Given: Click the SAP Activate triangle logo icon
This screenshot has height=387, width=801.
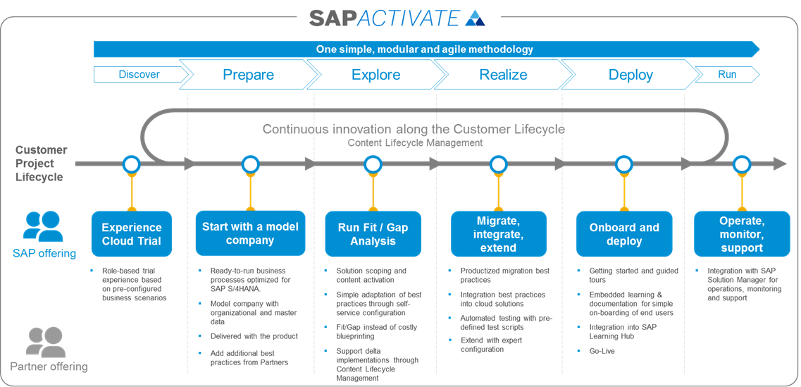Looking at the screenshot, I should [x=476, y=18].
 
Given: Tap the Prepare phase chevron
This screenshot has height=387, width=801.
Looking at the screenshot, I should [x=248, y=75].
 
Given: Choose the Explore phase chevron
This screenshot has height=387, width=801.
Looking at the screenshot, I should [x=375, y=75].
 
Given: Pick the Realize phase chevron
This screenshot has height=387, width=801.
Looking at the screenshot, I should [x=503, y=75].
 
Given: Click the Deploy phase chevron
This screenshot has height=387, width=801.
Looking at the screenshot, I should [x=631, y=75].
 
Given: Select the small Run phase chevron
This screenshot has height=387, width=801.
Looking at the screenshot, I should [x=727, y=75].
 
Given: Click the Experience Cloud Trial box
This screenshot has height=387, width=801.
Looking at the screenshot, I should [x=131, y=234].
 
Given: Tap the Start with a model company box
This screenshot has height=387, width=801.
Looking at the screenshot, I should [x=250, y=233].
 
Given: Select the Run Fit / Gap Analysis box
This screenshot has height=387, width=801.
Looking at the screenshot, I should [x=373, y=234].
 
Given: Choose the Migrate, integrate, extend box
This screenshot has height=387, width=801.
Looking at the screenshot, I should [x=499, y=234].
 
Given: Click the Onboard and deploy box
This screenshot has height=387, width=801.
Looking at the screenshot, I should [x=624, y=234].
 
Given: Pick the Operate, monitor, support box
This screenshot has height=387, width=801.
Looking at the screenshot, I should [x=741, y=234].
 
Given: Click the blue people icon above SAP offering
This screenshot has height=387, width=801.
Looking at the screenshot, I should [x=43, y=226].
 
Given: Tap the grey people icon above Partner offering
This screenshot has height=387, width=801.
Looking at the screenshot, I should [x=46, y=342].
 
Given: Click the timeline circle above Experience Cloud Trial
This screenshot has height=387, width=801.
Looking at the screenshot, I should [x=131, y=164].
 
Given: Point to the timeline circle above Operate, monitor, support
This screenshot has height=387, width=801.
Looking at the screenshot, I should [x=741, y=164].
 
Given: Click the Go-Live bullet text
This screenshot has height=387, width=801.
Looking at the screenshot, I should [x=602, y=351].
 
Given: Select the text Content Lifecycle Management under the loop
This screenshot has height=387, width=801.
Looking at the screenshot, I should [x=415, y=143].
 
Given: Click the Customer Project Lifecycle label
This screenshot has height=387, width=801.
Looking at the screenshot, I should [x=42, y=164].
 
